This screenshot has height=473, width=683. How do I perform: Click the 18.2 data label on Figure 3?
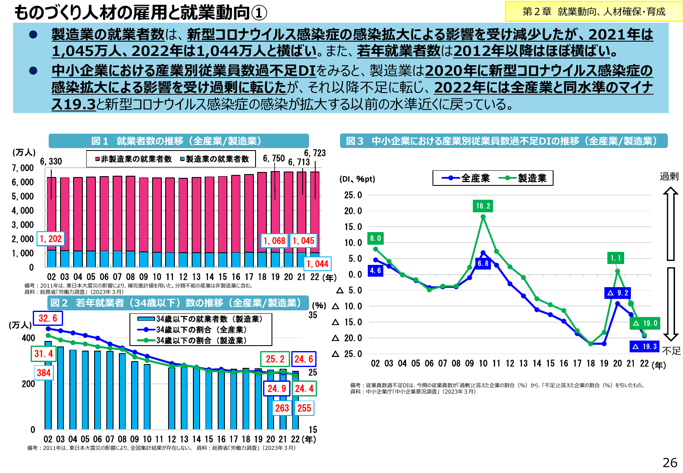(x=483, y=206)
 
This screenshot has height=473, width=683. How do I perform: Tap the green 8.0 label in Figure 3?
(x=375, y=238)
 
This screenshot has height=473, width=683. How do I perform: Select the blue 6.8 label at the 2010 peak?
(x=483, y=264)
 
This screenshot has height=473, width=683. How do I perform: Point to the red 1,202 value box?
(x=50, y=239)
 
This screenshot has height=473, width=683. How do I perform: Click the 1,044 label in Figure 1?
(x=317, y=264)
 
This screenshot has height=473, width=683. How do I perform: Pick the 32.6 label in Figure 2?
(x=48, y=318)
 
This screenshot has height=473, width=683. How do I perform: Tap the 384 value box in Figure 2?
(x=44, y=373)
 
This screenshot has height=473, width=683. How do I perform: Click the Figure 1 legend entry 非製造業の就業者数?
(x=134, y=159)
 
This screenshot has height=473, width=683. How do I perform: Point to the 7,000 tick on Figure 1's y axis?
(x=23, y=168)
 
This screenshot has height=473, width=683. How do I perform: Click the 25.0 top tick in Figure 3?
(x=353, y=195)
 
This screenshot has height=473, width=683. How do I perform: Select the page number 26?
(x=670, y=462)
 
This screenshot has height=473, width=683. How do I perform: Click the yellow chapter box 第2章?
(x=593, y=12)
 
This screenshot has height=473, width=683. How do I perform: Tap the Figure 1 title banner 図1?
(x=179, y=141)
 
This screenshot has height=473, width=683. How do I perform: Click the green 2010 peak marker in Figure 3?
(x=483, y=217)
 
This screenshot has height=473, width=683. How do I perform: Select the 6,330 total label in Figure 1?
(x=51, y=161)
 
